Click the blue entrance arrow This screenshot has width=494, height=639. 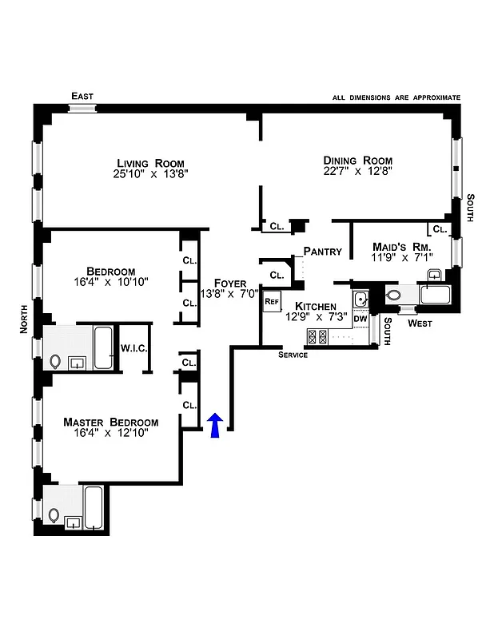coord(214,426)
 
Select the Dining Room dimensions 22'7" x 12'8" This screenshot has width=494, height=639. coord(358,171)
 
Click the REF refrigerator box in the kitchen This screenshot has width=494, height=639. coord(272,302)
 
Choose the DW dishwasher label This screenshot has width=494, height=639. coord(361,319)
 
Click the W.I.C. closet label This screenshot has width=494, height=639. coord(133,347)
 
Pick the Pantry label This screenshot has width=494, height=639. coord(323,252)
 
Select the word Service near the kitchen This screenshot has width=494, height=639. coord(293,355)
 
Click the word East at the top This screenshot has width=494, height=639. coord(82,97)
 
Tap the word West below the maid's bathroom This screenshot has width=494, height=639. coord(420,324)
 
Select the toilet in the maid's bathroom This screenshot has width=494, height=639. coord(393,296)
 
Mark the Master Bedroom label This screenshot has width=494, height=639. coord(111,422)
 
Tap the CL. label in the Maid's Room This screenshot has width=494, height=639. coord(439,229)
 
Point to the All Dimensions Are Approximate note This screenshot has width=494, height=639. coord(396,97)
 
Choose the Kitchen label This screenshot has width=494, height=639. coord(315,307)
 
